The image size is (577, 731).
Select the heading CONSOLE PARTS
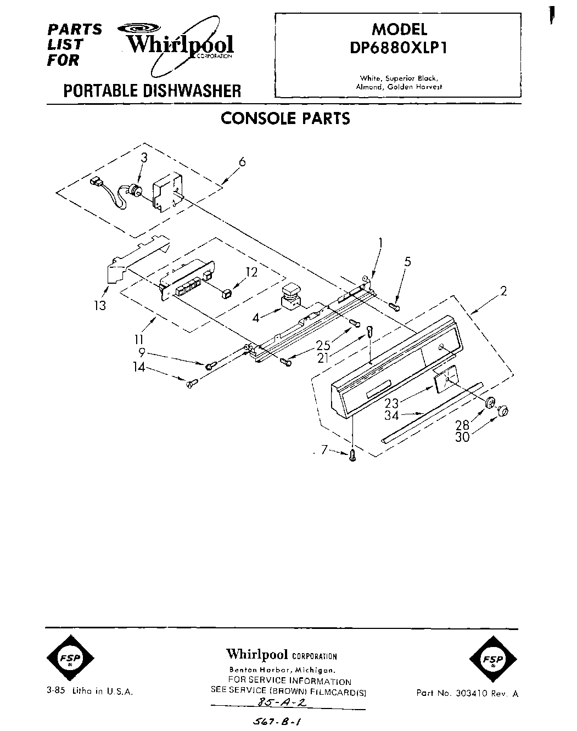(285, 118)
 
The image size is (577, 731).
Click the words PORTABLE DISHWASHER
(152, 91)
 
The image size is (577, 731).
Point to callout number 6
(242, 162)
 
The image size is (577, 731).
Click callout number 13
(99, 306)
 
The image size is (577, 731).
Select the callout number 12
(251, 272)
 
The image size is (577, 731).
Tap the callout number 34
(391, 415)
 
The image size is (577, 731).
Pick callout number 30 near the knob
(462, 437)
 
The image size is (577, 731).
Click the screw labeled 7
(353, 454)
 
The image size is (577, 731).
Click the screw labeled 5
(394, 305)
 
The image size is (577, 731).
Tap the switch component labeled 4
(289, 296)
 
